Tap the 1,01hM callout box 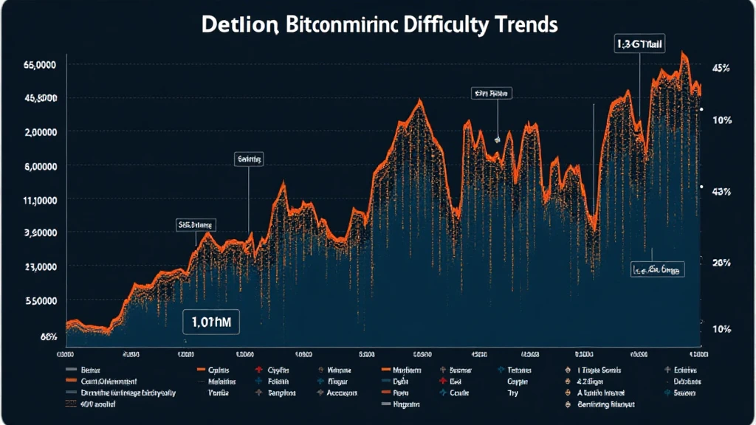[x=211, y=322]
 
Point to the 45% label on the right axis [x=721, y=69]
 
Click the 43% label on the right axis [x=721, y=193]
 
